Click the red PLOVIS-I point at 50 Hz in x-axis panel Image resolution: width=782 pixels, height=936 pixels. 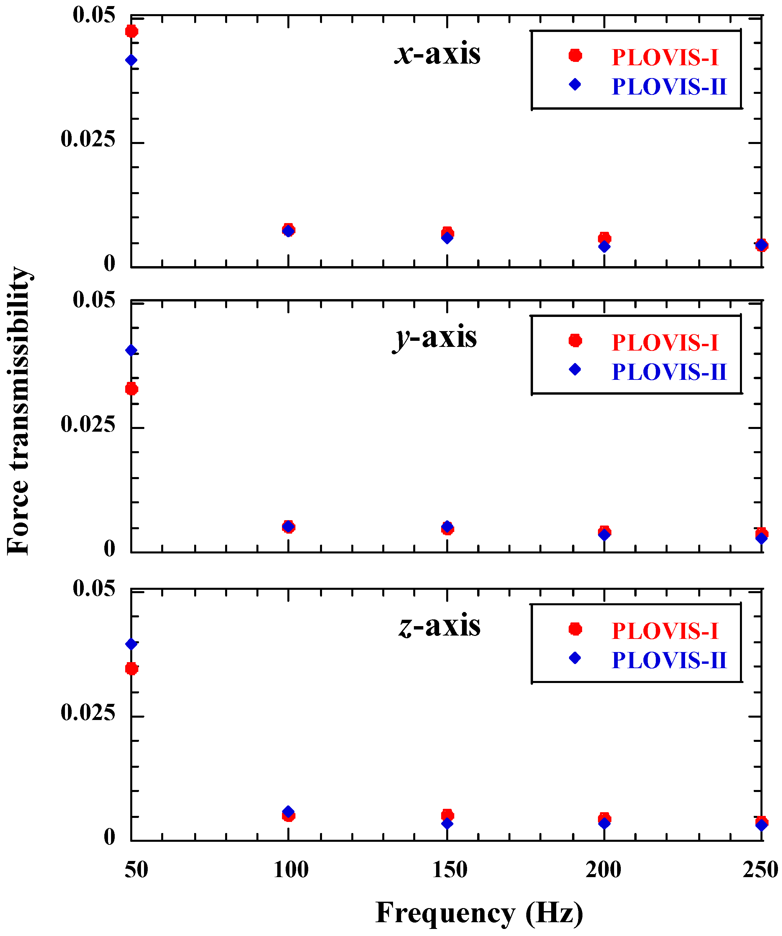pyautogui.click(x=131, y=31)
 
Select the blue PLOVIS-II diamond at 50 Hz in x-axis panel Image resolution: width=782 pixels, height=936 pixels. pyautogui.click(x=131, y=60)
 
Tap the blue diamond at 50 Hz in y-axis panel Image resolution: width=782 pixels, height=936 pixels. pyautogui.click(x=131, y=350)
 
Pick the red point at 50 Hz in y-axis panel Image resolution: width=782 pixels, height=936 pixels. pyautogui.click(x=131, y=389)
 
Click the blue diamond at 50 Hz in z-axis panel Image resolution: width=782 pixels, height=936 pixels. pyautogui.click(x=131, y=644)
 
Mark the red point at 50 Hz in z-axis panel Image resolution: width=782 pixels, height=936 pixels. pyautogui.click(x=131, y=669)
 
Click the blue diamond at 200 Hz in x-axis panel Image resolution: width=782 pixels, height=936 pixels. pyautogui.click(x=604, y=247)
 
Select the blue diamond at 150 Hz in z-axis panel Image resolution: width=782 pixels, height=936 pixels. pyautogui.click(x=447, y=823)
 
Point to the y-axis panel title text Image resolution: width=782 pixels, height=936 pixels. pyautogui.click(x=435, y=338)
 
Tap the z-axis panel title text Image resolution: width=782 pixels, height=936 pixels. pyautogui.click(x=439, y=626)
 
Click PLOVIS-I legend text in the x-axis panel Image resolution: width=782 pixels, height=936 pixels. pyautogui.click(x=665, y=58)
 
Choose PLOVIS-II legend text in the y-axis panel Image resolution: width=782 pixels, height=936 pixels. pyautogui.click(x=669, y=372)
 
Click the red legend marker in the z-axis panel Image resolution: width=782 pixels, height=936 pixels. pyautogui.click(x=575, y=629)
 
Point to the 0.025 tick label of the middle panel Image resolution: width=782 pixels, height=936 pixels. pyautogui.click(x=88, y=424)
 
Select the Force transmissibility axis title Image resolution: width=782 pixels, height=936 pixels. pyautogui.click(x=19, y=411)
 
